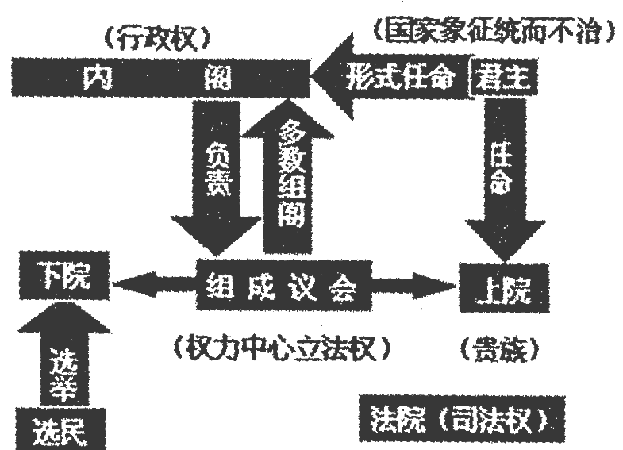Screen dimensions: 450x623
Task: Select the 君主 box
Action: (x=502, y=76)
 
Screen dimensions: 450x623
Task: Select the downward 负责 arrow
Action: (x=213, y=175)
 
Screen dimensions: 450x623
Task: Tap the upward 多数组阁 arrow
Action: (x=290, y=175)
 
